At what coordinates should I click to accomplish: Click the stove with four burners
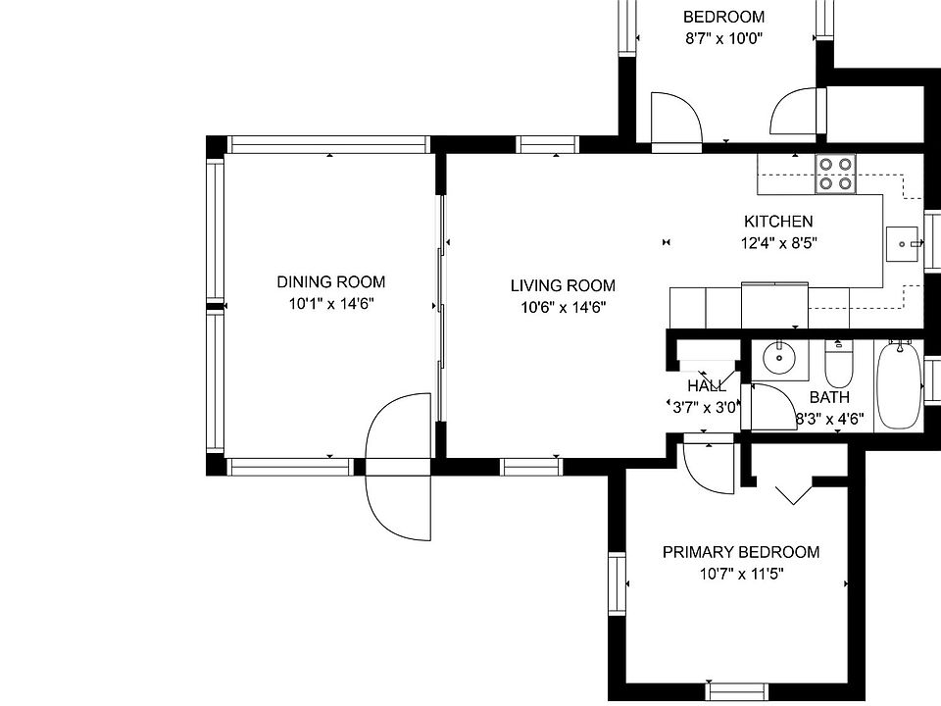836,174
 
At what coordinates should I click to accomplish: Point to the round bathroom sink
779,359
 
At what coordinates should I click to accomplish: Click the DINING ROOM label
330,282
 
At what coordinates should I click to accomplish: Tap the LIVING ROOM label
563,285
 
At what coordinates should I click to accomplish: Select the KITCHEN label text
778,222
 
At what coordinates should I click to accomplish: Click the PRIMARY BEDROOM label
740,552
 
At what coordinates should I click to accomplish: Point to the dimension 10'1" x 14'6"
330,304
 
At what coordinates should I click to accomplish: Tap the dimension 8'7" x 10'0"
723,39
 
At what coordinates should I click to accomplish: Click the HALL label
706,386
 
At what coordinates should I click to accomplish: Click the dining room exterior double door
398,467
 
